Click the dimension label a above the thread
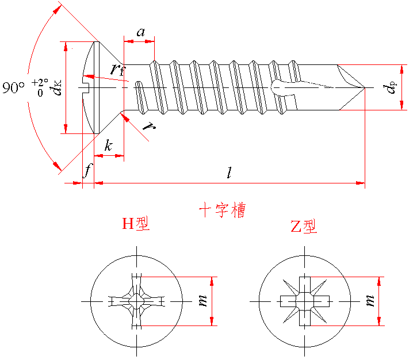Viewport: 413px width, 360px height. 140,32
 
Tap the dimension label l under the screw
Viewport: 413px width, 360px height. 230,173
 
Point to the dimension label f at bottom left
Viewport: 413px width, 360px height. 87,170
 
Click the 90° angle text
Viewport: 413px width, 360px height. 13,88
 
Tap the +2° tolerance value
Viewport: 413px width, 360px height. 40,82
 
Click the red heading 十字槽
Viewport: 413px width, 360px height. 222,210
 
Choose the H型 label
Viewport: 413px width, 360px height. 136,224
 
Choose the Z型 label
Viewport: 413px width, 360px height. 303,227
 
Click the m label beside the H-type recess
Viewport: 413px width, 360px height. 202,301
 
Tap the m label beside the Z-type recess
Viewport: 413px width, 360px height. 370,301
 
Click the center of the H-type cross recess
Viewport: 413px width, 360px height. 136,301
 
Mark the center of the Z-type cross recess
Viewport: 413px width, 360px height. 304,301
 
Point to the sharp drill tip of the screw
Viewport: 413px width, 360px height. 365,88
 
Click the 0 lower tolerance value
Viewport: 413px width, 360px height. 40,92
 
